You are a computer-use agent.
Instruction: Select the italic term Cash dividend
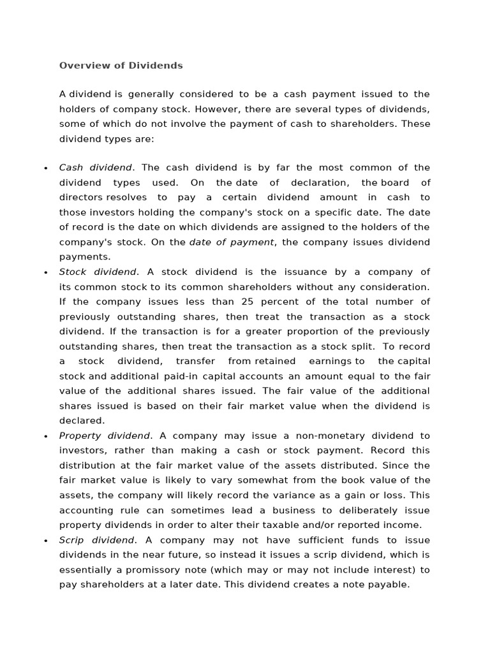(95, 168)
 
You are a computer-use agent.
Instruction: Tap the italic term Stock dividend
(98, 272)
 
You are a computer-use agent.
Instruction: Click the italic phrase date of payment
(232, 242)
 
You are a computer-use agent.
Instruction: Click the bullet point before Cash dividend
(46, 168)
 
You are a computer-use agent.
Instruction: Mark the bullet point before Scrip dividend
(46, 541)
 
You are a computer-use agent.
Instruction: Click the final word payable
(389, 584)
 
